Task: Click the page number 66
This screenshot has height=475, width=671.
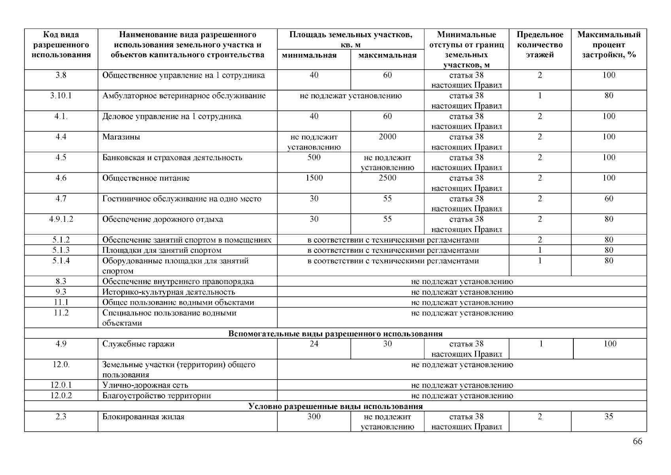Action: (637, 441)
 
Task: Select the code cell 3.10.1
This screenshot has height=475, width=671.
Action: (61, 96)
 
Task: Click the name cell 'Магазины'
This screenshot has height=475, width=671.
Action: (121, 137)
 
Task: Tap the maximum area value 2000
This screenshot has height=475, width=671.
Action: (387, 137)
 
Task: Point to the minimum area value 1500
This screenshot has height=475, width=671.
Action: (314, 178)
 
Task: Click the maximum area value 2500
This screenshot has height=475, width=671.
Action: (387, 178)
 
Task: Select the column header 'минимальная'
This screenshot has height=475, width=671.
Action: (309, 55)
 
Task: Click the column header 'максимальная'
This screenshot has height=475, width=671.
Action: (387, 55)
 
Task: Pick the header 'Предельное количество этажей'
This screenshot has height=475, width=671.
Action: (540, 45)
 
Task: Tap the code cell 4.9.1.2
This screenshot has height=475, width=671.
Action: (61, 219)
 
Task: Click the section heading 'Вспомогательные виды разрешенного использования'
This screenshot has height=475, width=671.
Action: (335, 333)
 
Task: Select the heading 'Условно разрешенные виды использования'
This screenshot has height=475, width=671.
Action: (335, 407)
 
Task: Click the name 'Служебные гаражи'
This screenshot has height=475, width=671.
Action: (138, 344)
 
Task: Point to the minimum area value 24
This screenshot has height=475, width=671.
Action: (314, 344)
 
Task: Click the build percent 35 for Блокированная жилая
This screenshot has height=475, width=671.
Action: (609, 417)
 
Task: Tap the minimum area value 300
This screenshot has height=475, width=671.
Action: (314, 417)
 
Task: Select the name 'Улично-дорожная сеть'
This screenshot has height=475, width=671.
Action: (145, 385)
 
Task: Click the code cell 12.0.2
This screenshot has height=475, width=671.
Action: (61, 395)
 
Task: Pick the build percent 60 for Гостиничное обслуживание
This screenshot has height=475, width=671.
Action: (609, 199)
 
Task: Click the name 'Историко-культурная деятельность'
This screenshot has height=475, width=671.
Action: (168, 292)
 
